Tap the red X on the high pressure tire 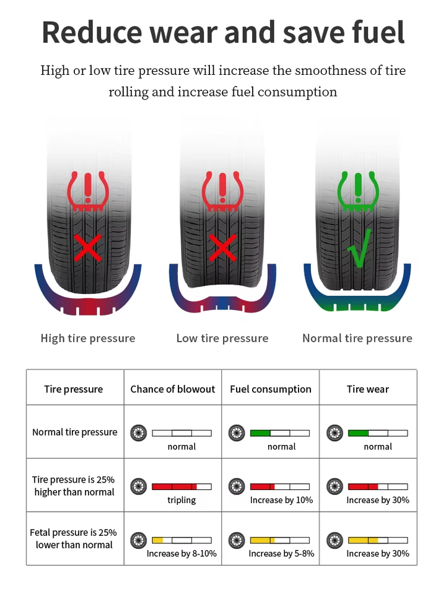coord(88,248)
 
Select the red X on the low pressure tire coord(223,248)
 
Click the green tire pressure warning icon coord(357,189)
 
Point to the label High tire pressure coord(88,338)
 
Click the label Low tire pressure coord(222,338)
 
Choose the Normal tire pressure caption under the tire coord(357,338)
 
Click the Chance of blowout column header coord(173,389)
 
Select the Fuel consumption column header coord(271,389)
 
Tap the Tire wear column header coord(368,389)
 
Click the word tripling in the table coord(181,500)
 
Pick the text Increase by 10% coord(281,500)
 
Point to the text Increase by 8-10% coord(181,554)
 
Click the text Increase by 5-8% coord(281,554)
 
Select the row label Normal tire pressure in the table coord(74,432)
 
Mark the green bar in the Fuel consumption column coord(260,433)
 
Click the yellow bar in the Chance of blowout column coord(157,540)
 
